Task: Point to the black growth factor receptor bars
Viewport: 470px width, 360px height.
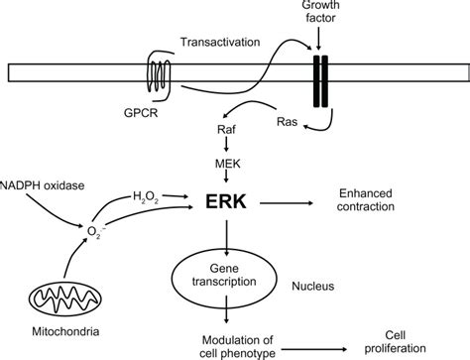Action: [x=318, y=74]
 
